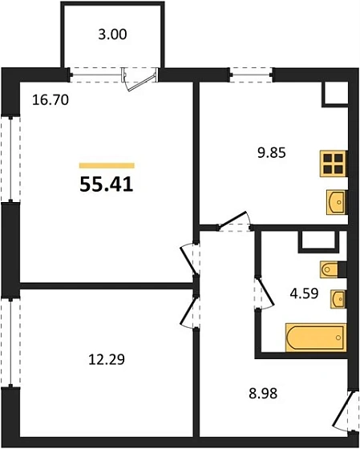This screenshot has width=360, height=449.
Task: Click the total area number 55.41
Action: coord(106,184)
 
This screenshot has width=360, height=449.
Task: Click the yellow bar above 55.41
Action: coord(106,165)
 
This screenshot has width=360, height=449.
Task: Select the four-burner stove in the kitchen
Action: coord(332,164)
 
